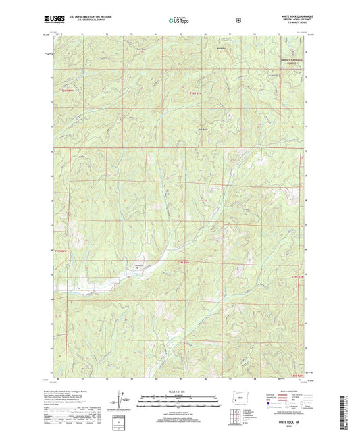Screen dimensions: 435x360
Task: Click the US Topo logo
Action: [x=180, y=20]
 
